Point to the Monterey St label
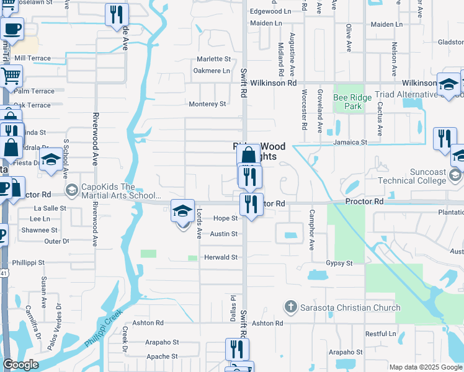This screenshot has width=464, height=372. click(207, 104)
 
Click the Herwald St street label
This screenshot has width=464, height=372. click(221, 257)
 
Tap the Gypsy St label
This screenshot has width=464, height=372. click(339, 263)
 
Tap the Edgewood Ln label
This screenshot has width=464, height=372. click(270, 12)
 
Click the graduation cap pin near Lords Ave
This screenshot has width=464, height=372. click(182, 211)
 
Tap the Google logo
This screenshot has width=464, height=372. click(20, 365)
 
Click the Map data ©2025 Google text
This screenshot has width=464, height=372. click(426, 367)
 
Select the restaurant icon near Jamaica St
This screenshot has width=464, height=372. click(444, 139)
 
